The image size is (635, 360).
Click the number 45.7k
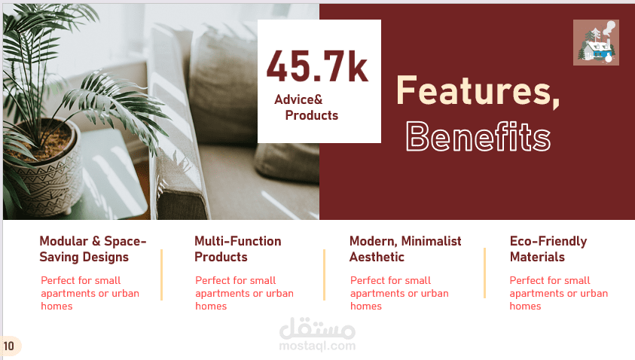coord(318,66)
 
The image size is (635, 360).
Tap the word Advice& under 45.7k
coord(298,99)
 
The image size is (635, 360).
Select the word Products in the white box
coord(312,115)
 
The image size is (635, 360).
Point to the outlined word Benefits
coord(478,137)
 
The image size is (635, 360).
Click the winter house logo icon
coord(596,42)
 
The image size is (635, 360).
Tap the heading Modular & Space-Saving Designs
coord(93,249)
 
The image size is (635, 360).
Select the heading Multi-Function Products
coord(238,249)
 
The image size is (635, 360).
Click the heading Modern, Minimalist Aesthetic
coord(405,249)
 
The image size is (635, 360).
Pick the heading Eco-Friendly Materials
coord(548,249)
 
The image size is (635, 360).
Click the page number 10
coord(8,346)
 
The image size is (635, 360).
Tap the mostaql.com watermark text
coord(318,346)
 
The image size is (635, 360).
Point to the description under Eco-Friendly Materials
coord(558,293)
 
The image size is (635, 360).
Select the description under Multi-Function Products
coord(244,293)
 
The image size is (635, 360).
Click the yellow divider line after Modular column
coord(162,275)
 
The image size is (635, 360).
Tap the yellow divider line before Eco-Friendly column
coord(484,273)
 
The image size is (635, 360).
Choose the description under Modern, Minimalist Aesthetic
coord(399,293)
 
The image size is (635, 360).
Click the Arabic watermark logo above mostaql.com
coord(318,328)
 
